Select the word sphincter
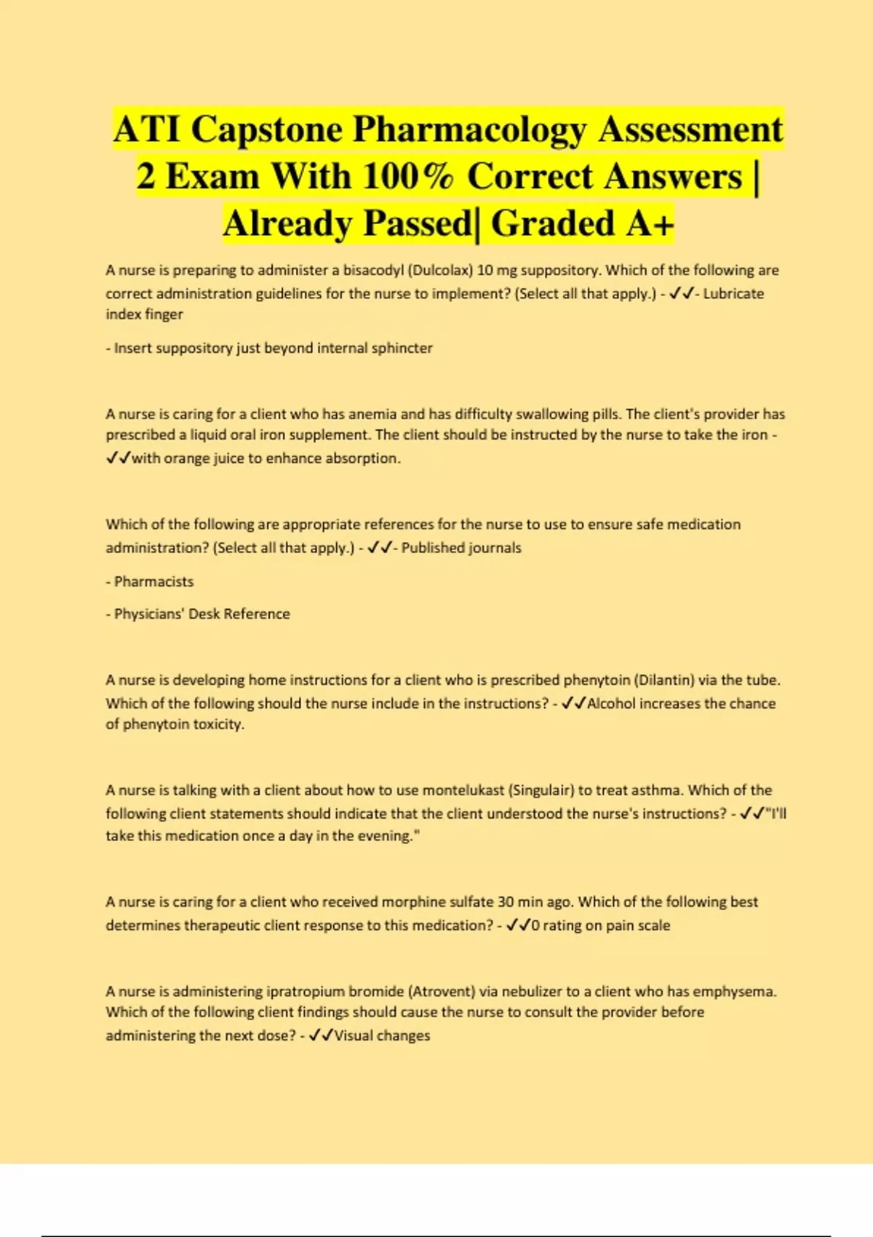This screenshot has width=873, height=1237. (x=402, y=349)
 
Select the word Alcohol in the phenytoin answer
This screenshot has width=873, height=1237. (x=612, y=704)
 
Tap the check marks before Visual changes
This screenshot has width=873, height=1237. (x=320, y=1035)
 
